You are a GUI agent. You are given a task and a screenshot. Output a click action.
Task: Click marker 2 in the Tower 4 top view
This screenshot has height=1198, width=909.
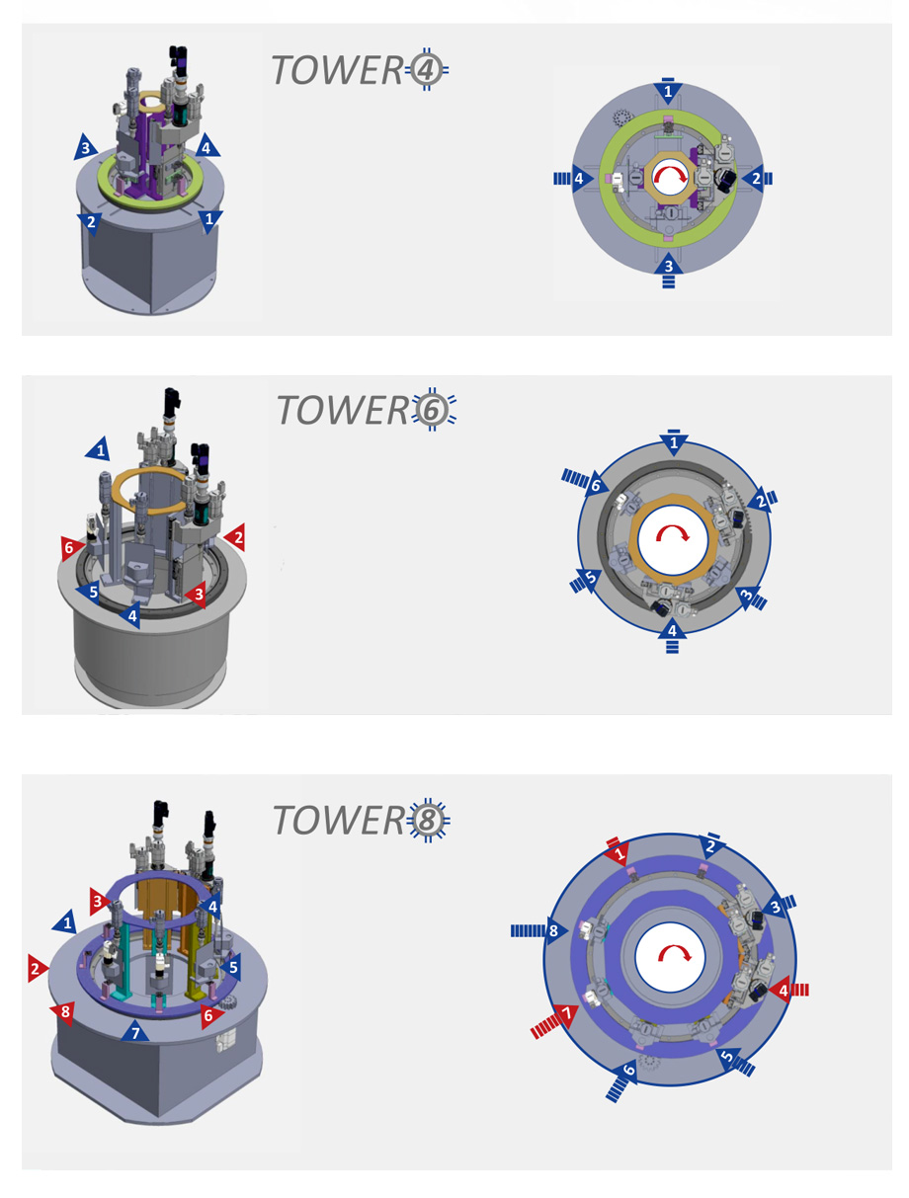coord(754,179)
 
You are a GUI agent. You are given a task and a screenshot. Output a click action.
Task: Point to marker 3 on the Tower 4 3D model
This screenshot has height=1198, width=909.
coord(86,149)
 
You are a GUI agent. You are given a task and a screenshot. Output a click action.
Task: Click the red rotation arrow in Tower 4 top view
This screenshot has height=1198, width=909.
coord(669,178)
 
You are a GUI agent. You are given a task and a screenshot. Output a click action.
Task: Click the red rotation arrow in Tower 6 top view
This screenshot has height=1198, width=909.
coord(674,538)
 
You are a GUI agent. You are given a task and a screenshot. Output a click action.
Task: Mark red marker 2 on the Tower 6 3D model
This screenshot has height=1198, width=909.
coord(234,537)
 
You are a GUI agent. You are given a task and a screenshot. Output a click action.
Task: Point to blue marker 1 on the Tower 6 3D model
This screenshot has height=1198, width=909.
coord(99,450)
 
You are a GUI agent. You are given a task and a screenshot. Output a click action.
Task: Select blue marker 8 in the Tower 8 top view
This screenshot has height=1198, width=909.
coord(553,930)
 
